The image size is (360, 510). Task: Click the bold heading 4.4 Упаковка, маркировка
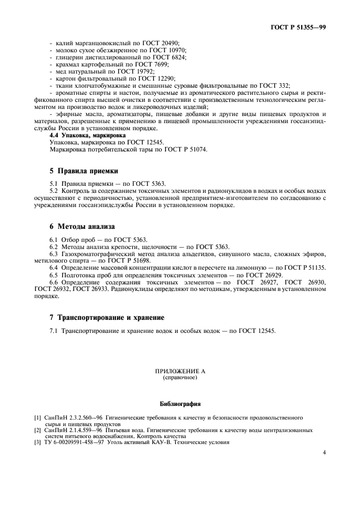[x=88, y=135]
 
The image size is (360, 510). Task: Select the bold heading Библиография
[x=180, y=404]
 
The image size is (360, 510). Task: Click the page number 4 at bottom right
[x=324, y=452]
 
